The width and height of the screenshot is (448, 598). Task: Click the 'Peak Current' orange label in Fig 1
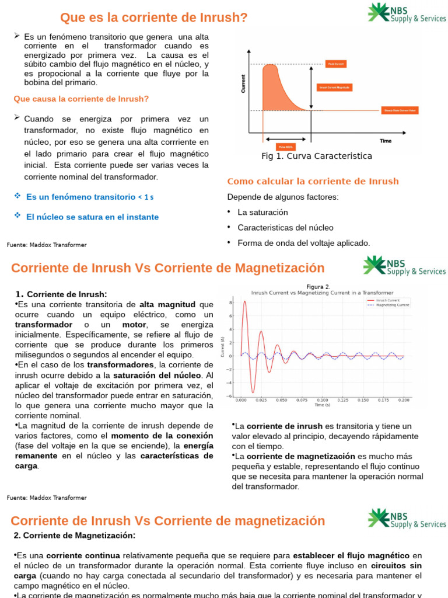[336, 64]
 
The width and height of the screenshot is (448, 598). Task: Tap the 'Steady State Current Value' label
[400, 110]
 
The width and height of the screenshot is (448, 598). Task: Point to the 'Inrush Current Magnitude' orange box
[334, 87]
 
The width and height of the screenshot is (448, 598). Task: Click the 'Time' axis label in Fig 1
[386, 141]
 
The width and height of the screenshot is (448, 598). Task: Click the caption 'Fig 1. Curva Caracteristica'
[317, 156]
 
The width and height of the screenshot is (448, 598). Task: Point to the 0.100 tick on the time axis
[322, 400]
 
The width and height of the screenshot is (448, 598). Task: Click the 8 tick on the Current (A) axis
[231, 303]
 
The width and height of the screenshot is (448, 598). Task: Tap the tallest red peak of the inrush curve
[244, 302]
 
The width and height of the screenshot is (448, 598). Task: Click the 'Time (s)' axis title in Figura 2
[322, 405]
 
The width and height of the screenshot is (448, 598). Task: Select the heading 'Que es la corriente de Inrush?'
[154, 18]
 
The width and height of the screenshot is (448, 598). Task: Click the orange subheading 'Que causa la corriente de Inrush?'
[81, 99]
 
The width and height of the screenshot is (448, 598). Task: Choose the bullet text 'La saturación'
[262, 212]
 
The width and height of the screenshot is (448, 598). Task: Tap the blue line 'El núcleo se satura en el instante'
[92, 217]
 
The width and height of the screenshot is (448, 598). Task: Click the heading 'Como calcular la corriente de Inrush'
[313, 181]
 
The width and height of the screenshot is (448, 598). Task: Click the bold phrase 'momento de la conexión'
[162, 436]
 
